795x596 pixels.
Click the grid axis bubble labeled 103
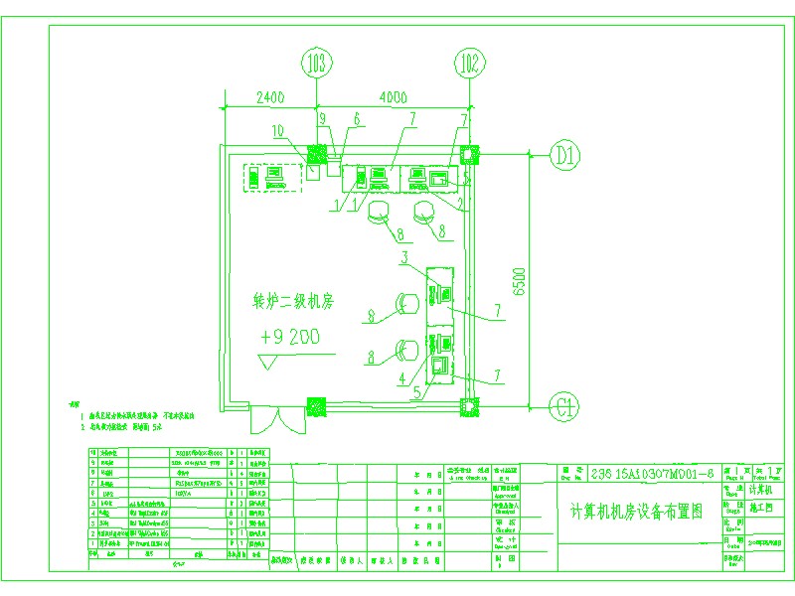(316, 66)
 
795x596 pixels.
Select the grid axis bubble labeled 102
(469, 66)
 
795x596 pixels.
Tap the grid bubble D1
(566, 155)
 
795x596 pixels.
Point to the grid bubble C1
(566, 405)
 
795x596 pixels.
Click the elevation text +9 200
(289, 337)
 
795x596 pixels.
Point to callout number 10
(278, 130)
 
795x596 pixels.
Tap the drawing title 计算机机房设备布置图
(636, 513)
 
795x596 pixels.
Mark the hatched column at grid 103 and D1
(317, 154)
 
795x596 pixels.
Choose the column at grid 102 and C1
(469, 405)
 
